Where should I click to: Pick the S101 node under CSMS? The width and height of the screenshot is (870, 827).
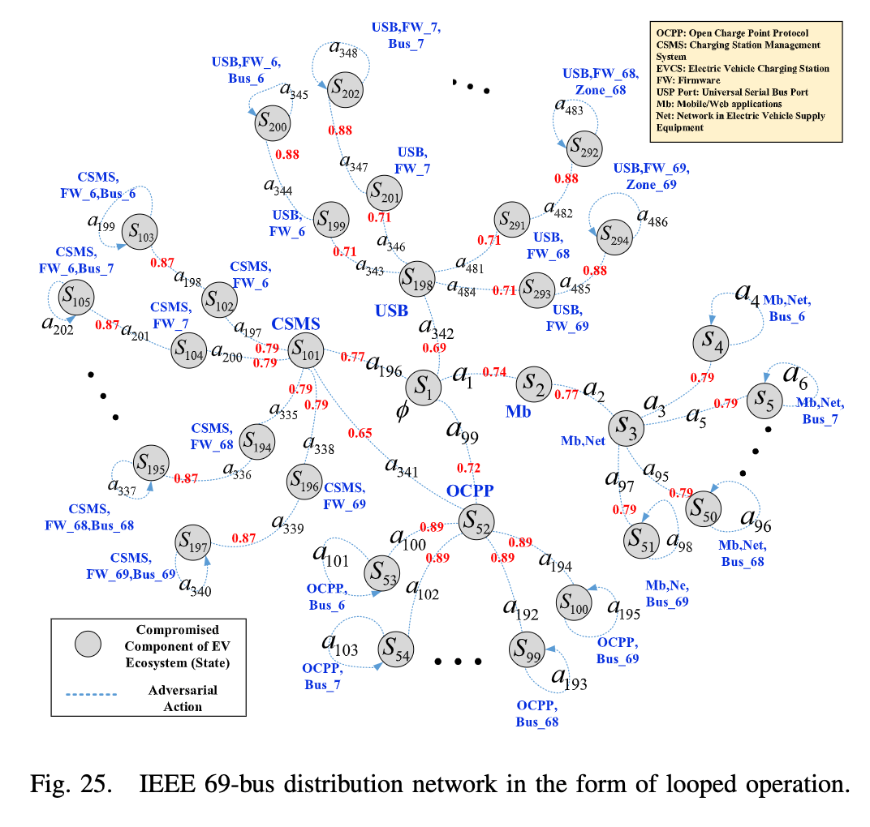point(307,351)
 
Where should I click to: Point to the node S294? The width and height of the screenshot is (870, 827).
point(614,237)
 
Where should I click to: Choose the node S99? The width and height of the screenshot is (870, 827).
point(527,649)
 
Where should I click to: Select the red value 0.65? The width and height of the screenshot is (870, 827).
point(360,433)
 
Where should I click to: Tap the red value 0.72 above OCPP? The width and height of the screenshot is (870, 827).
point(468,468)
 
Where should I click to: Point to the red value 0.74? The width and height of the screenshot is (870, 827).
point(494,372)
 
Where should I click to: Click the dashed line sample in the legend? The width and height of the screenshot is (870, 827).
point(90,694)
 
